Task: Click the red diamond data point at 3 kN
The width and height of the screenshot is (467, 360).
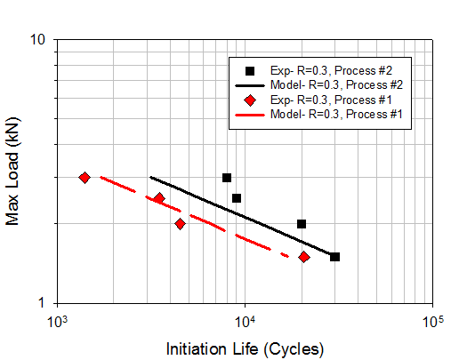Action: [85, 178]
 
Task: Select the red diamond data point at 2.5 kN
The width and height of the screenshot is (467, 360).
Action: [159, 198]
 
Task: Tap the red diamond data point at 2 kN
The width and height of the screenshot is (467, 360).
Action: [180, 224]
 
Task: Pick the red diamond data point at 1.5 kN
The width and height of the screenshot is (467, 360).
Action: [303, 257]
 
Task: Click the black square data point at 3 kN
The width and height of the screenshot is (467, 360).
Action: [227, 178]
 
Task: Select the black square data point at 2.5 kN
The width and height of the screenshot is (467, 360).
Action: [237, 198]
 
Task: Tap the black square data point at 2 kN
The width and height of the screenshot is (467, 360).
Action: [302, 224]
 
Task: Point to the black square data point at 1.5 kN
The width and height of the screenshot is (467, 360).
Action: [334, 257]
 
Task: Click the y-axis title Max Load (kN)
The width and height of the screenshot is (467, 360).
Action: [13, 171]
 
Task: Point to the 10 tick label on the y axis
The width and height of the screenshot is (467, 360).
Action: [38, 41]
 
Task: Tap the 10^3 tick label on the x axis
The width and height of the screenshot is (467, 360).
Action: [60, 320]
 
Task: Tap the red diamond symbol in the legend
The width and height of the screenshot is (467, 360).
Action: [252, 100]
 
